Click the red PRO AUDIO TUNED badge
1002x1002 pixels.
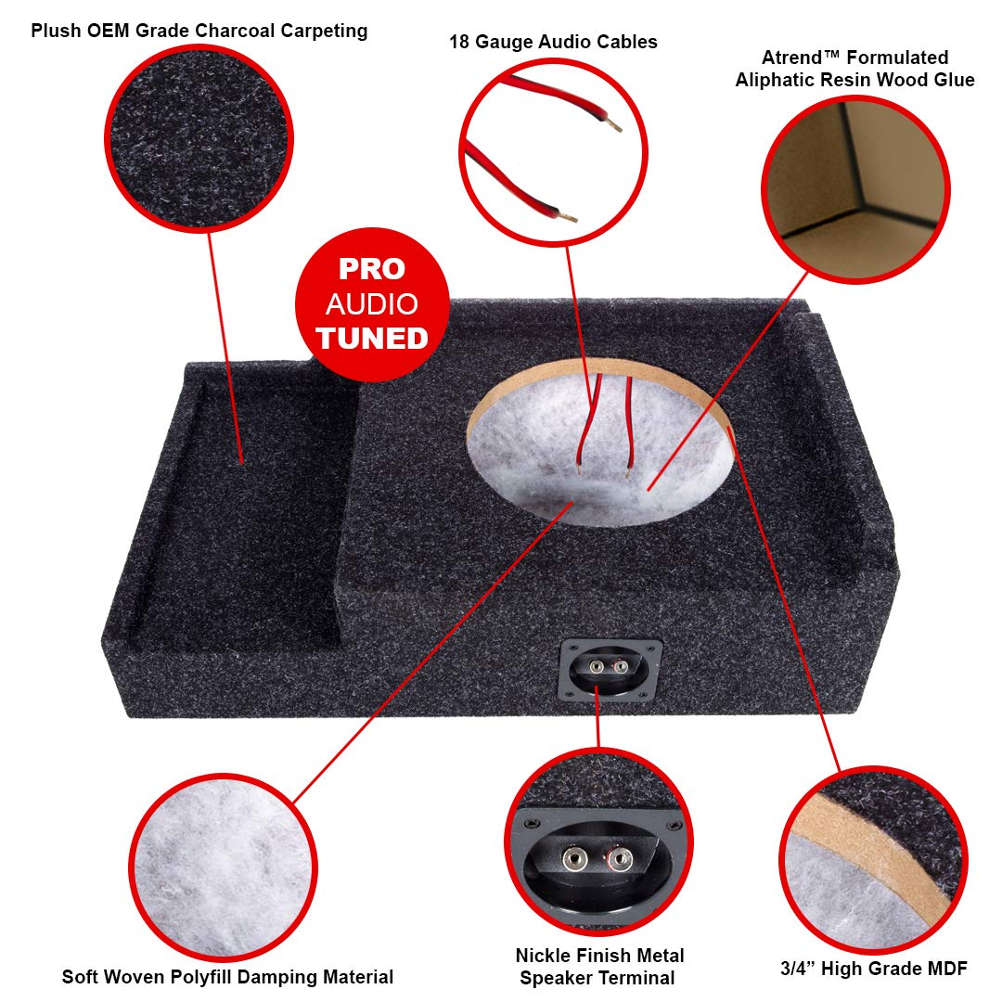tap(372, 304)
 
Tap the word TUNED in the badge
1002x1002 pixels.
tap(372, 338)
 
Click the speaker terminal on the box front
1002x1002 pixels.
tap(610, 667)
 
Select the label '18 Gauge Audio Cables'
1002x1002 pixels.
tap(553, 42)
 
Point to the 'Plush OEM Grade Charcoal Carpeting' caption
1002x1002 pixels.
tap(199, 32)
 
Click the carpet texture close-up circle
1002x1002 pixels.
tap(199, 136)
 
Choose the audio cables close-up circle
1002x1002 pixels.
tap(553, 152)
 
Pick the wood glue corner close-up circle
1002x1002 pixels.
tap(854, 189)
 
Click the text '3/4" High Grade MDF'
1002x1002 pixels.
tap(875, 970)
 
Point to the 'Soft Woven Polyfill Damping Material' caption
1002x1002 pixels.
tap(227, 977)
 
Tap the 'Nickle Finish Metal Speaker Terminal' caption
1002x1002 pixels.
tap(599, 966)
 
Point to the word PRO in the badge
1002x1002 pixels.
tap(372, 269)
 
